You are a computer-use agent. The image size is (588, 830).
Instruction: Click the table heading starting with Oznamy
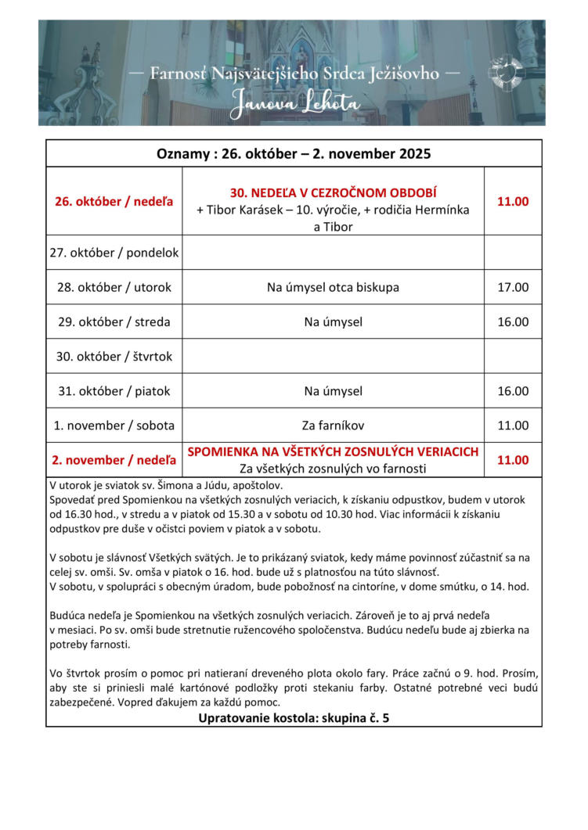294,153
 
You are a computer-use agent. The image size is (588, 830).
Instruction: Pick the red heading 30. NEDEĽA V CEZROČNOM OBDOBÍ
333,192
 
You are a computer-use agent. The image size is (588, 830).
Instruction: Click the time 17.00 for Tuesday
513,287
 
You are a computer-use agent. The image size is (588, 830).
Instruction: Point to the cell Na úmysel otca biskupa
333,287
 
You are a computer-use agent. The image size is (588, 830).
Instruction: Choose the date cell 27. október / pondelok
114,253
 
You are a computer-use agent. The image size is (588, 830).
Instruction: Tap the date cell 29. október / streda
114,322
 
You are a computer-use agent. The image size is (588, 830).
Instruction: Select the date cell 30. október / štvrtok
114,356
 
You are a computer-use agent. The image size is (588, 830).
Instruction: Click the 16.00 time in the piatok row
513,390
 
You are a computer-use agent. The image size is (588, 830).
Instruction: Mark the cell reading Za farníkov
333,426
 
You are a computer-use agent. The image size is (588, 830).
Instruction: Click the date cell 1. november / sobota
114,426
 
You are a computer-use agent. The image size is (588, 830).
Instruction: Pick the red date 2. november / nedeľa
114,460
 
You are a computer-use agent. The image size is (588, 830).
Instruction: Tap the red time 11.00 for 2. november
513,460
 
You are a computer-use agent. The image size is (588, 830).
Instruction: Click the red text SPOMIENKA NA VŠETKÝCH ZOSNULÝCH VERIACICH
333,452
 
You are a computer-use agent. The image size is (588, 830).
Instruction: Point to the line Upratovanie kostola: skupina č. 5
294,717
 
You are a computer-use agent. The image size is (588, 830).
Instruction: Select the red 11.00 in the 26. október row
513,201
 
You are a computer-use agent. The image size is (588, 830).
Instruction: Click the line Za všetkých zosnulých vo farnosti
333,469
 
